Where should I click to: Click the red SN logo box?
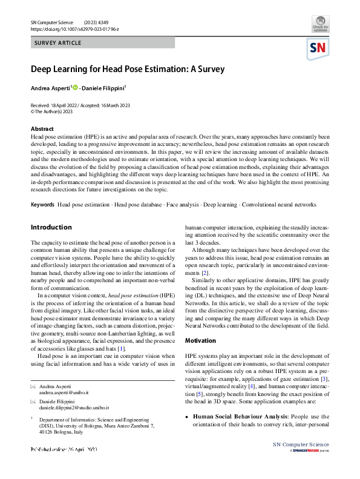coord(319,48)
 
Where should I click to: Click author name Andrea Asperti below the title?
coord(50,88)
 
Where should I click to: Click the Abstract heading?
coord(42,129)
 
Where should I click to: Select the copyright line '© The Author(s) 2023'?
coord(53,111)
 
